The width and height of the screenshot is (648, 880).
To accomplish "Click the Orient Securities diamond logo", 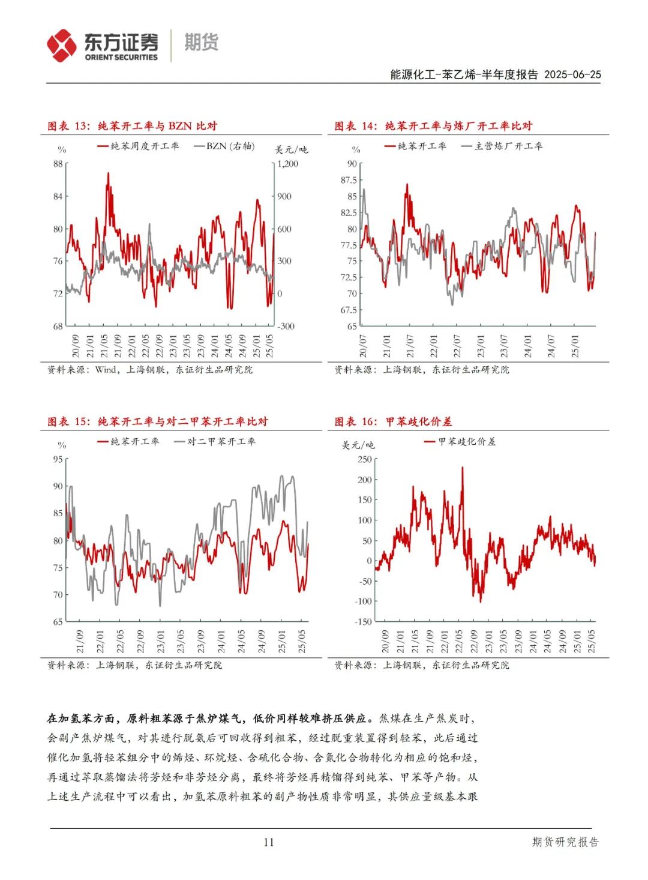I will click(62, 46).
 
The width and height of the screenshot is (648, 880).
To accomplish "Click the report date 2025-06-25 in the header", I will click(572, 74).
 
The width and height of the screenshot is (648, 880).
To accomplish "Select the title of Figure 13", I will click(132, 126).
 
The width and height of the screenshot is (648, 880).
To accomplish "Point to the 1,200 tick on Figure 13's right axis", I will click(288, 164).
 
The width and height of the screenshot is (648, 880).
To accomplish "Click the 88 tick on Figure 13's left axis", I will click(58, 164).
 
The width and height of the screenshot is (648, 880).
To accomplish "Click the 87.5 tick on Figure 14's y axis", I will click(349, 180).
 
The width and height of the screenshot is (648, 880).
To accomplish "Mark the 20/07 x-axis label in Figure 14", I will click(363, 346).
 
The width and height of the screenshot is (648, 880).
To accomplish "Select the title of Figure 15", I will click(157, 421).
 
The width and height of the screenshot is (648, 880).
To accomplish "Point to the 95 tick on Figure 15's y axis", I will click(58, 459).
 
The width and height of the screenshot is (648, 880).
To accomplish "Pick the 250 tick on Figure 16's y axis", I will click(364, 459).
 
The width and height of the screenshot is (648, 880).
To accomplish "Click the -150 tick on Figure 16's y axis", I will click(363, 622).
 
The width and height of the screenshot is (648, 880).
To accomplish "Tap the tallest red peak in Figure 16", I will click(462, 469).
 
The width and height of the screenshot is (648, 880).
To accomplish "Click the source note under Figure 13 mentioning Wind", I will click(150, 370).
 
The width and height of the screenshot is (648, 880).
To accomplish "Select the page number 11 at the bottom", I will click(268, 842).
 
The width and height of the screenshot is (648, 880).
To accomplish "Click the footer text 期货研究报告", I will click(565, 842).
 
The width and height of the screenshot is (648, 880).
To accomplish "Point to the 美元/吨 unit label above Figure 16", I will click(358, 445).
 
